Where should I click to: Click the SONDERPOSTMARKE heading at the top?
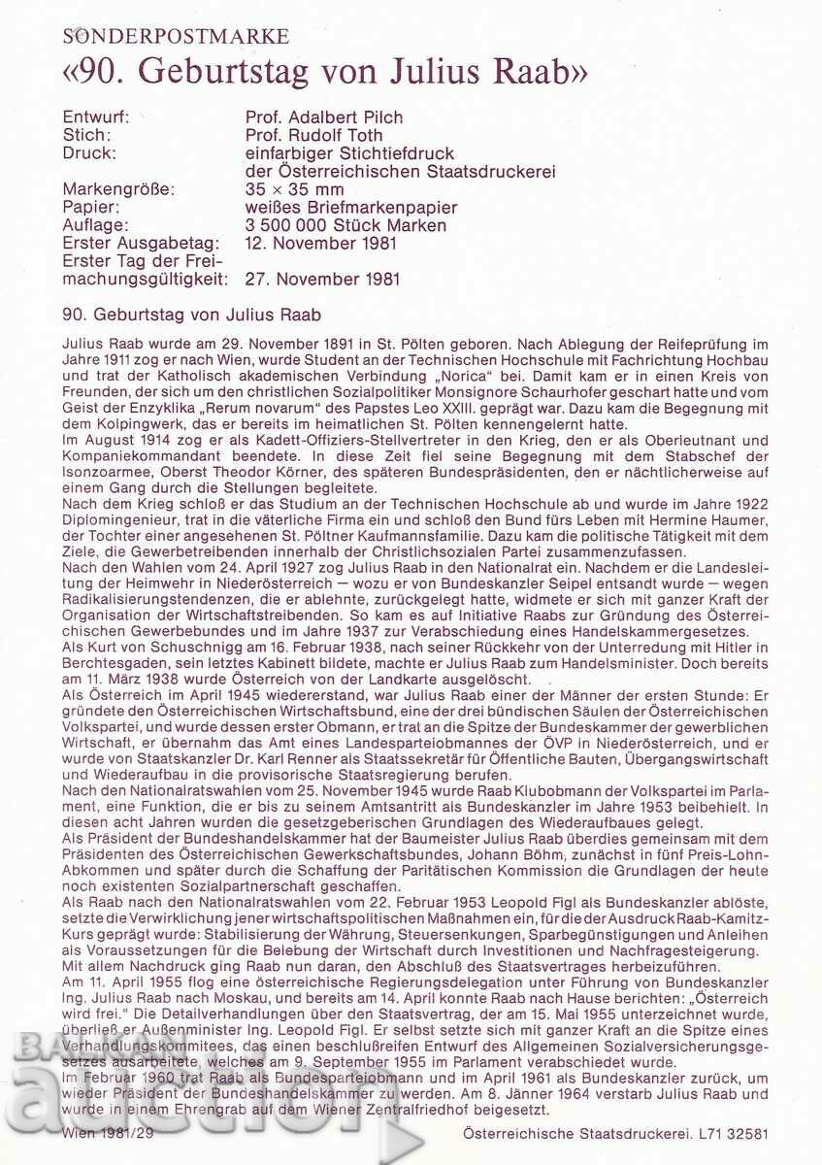pyautogui.click(x=176, y=37)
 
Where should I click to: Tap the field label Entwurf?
pyautogui.click(x=94, y=117)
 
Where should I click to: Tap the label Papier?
pyautogui.click(x=90, y=208)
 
